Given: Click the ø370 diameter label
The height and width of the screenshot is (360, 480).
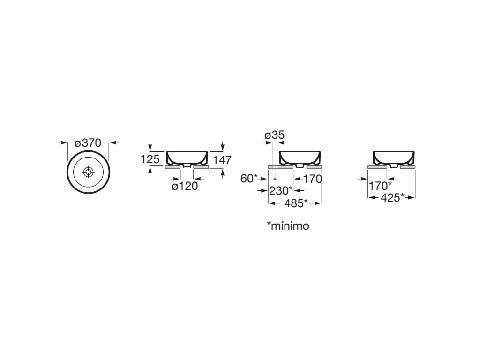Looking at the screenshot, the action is pos(88,143).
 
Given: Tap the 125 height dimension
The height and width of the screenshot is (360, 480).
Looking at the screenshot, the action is pos(150,159).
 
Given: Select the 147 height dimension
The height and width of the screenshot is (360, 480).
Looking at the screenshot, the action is pos(222,160).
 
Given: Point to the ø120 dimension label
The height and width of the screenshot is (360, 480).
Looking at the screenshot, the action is pos(185,186).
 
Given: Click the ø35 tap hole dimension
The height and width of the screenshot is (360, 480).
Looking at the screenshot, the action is pos(275,135).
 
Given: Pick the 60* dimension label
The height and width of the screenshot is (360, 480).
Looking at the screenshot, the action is pos(249,179).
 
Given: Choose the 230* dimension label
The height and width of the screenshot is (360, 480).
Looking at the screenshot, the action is pos(281,190).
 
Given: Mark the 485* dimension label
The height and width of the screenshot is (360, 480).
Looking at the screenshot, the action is pos(296,203).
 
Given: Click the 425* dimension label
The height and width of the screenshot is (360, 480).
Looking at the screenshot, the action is pos(392,198).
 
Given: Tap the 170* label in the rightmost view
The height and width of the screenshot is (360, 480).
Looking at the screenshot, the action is pos(380,186).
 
